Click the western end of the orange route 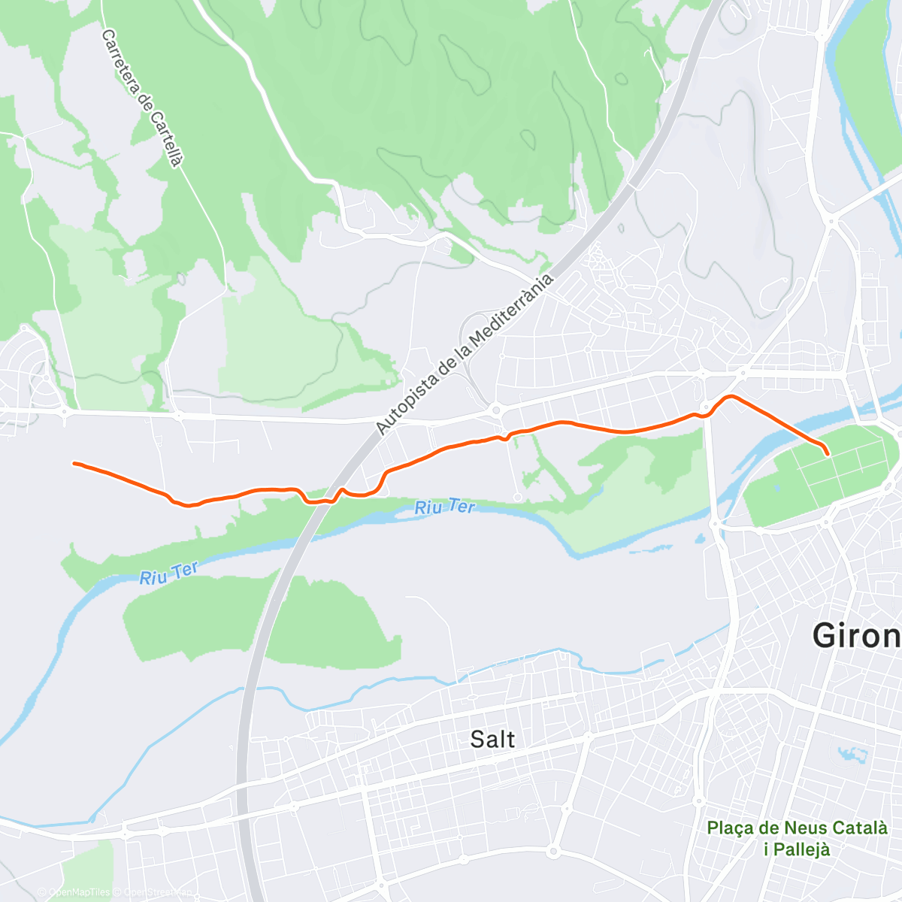click(74, 463)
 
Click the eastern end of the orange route click(827, 454)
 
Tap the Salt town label click(492, 739)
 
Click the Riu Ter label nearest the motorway click(445, 507)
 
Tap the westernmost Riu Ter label click(168, 574)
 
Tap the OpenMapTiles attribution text click(74, 892)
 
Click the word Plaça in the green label click(733, 828)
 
